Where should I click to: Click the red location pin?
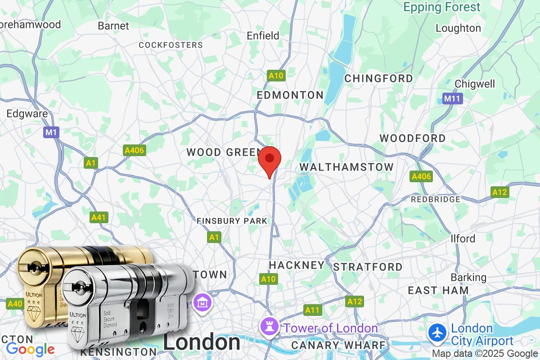(x=270, y=160)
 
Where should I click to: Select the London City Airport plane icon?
(x=437, y=334)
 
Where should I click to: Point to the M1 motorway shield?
(x=51, y=132)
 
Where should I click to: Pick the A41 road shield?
(x=99, y=218)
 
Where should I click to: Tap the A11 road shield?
(x=312, y=310)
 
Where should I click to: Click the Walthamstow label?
(x=346, y=167)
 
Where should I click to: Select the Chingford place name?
(x=378, y=78)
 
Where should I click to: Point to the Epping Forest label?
(x=442, y=7)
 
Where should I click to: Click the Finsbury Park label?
(x=232, y=221)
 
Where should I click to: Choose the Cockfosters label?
(x=171, y=45)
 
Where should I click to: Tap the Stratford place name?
(x=368, y=267)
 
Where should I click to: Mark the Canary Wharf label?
(x=339, y=345)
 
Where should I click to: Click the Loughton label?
(x=458, y=28)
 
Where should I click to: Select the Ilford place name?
(x=463, y=238)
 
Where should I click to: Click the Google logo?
(x=30, y=349)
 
